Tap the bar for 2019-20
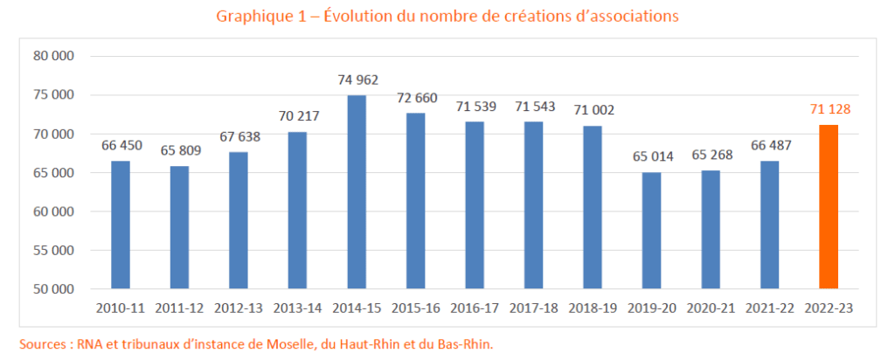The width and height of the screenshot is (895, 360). tap(651, 231)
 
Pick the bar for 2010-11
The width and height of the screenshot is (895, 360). tap(121, 225)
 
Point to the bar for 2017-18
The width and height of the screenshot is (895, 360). tap(533, 205)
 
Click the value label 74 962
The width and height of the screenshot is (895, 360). tap(357, 80)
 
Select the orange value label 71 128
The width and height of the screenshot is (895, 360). tap(829, 109)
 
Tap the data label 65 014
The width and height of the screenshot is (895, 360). tap(651, 157)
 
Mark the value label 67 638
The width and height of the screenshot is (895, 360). tap(239, 136)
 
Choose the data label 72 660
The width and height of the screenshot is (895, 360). tap(416, 97)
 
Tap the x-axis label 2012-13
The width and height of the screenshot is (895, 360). tap(239, 308)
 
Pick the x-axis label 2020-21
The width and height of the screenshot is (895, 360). tap(711, 308)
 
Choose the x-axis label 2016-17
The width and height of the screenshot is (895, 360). tap(475, 308)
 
